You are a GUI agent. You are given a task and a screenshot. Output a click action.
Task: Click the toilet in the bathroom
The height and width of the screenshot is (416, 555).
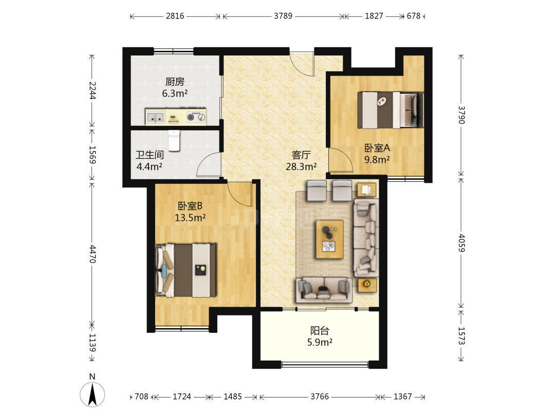click(174, 140)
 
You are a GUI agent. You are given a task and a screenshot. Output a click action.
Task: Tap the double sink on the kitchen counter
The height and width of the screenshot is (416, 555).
click(155, 117)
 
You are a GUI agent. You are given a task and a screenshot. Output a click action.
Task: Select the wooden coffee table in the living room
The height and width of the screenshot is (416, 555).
click(329, 239)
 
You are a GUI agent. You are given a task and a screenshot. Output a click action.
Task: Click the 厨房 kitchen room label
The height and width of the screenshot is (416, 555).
click(175, 82)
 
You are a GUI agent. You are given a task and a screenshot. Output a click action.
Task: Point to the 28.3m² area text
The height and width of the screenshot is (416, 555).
click(301, 166)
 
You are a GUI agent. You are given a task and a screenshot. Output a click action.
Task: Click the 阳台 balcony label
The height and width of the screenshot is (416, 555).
click(320, 330)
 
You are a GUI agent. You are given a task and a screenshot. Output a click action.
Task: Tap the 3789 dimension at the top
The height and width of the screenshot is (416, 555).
click(283, 16)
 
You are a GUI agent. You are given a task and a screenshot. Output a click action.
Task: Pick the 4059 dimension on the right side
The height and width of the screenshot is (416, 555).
click(461, 242)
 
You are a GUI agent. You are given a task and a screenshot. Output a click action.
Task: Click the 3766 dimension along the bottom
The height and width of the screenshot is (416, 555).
click(320, 396)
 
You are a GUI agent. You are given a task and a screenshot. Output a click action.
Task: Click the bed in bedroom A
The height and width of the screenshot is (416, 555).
click(391, 110)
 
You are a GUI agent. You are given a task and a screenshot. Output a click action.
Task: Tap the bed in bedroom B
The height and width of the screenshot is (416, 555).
click(186, 270)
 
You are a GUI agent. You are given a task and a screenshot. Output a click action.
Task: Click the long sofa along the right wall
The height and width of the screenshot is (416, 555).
click(366, 238)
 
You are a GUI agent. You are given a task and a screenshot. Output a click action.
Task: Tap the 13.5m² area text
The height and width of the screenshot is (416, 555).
click(190, 218)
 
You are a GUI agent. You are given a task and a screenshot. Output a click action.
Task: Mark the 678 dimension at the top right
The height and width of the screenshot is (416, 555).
click(413, 16)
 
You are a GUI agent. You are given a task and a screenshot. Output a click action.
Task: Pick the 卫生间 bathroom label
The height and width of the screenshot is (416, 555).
click(150, 155)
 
